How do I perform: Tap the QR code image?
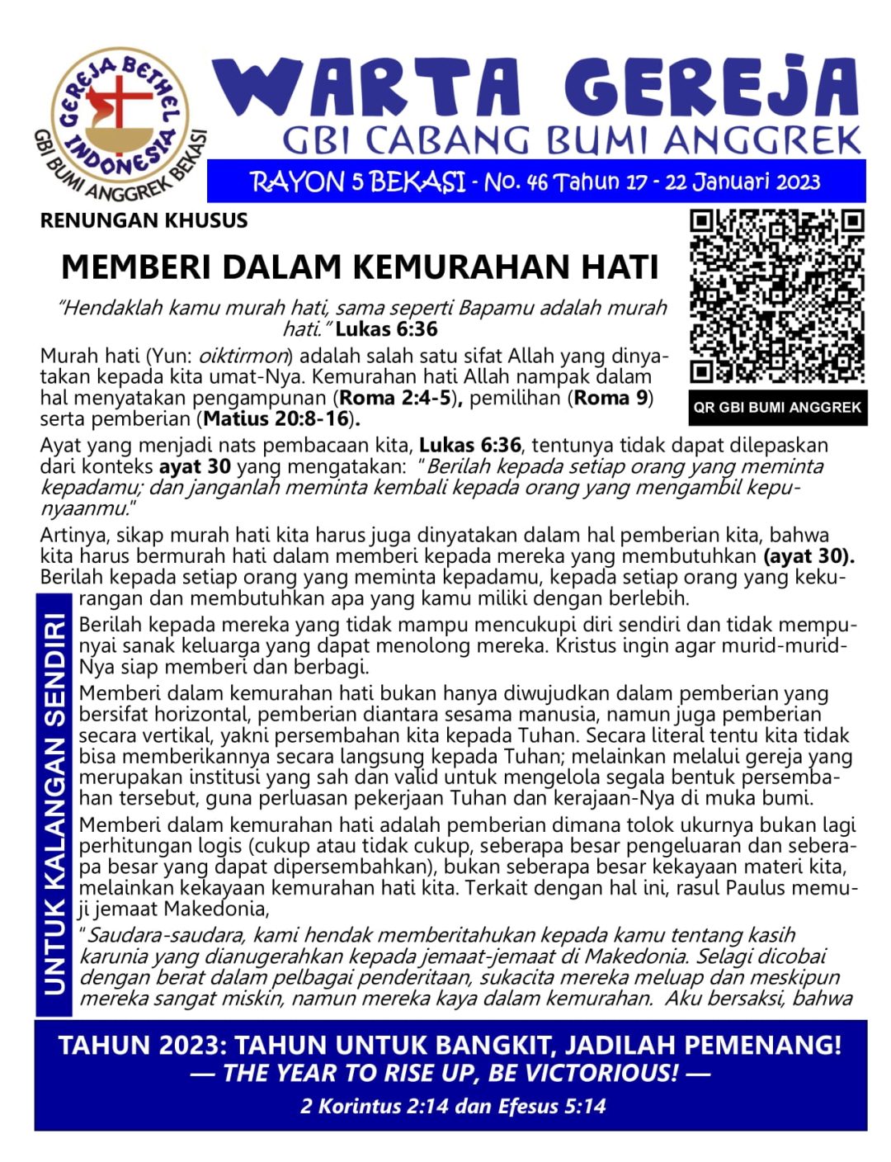(777, 297)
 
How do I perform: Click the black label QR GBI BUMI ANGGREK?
(777, 407)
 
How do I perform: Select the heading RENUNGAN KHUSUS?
(144, 220)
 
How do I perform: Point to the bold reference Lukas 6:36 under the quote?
(386, 329)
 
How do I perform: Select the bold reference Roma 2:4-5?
(394, 398)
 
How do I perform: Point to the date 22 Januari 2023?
(742, 182)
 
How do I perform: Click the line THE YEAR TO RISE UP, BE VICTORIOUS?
(450, 1074)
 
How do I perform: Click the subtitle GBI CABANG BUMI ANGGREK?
(571, 140)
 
